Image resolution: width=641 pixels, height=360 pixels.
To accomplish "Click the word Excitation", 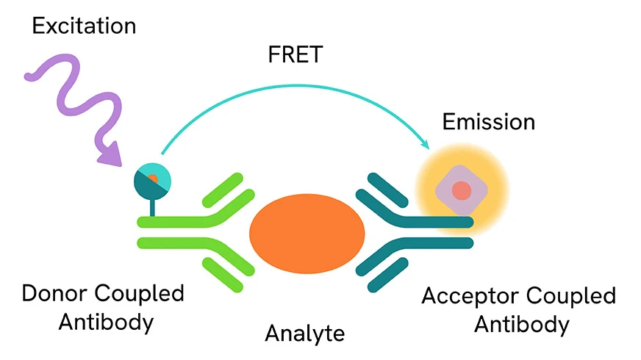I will (85, 26).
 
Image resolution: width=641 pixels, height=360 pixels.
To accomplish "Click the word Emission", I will (488, 121).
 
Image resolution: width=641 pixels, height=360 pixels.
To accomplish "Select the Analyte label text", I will (304, 333).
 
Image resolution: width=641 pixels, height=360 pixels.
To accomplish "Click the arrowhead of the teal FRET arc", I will (425, 147).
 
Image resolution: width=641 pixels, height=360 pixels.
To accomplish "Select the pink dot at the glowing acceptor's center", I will (461, 191).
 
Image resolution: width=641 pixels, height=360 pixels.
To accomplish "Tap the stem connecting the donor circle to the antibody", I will (152, 206).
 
